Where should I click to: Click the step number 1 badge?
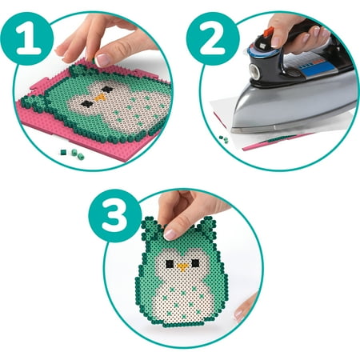[x=27, y=38]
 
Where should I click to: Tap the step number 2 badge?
[x=213, y=38]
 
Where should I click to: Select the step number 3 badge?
[x=115, y=216]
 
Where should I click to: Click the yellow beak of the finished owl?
[x=182, y=267]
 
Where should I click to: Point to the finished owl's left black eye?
[x=170, y=264]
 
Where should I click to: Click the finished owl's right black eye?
[x=195, y=263]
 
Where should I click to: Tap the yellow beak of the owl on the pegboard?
[x=100, y=98]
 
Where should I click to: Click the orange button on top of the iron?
[x=269, y=32]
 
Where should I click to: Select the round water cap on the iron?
[x=254, y=71]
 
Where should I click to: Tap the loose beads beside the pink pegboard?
[x=72, y=154]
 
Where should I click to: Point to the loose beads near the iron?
[x=224, y=139]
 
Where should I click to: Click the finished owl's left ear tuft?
[x=150, y=229]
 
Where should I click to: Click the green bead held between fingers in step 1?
[x=94, y=61]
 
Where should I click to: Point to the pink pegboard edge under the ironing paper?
[x=274, y=142]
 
